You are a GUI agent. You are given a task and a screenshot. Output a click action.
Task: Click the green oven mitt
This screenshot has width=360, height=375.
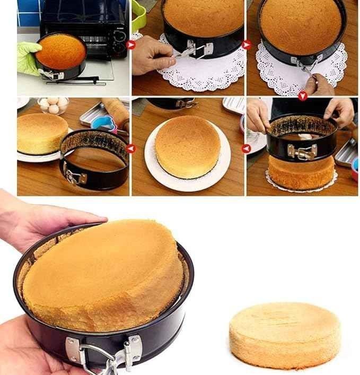pyautogui.click(x=28, y=58)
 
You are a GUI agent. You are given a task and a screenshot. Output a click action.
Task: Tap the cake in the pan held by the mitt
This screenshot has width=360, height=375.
pyautogui.click(x=60, y=51)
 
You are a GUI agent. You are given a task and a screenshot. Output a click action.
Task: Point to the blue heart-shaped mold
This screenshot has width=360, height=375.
pyautogui.click(x=103, y=123)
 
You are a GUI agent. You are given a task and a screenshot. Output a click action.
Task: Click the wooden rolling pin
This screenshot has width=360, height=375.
pyautogui.click(x=117, y=111)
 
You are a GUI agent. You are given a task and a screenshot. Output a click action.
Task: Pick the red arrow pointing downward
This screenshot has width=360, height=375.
pyautogui.click(x=302, y=95)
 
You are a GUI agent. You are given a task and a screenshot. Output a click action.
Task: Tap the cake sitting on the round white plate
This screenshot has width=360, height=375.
pyautogui.click(x=187, y=146)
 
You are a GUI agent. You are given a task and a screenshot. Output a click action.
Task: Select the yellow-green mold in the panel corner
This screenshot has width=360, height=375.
pyautogui.click(x=138, y=16)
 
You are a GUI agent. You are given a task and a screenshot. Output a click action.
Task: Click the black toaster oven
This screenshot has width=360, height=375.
pyautogui.click(x=85, y=27)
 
